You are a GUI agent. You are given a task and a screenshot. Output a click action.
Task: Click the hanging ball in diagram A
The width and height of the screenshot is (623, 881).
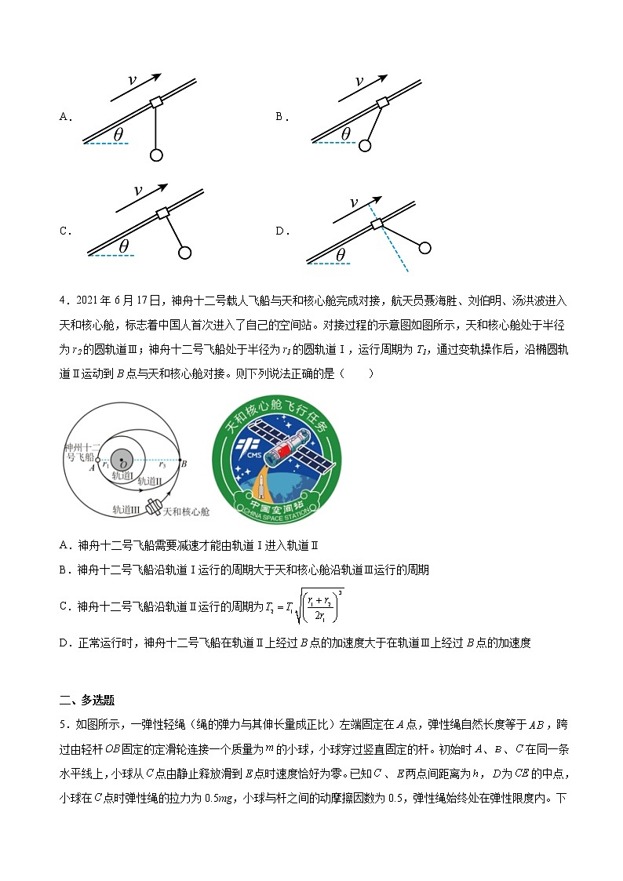pyautogui.click(x=156, y=155)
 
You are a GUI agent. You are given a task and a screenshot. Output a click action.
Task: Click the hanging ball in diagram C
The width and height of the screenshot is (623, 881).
pyautogui.click(x=185, y=253)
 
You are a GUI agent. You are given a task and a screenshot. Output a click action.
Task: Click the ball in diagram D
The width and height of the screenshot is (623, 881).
pyautogui.click(x=424, y=248)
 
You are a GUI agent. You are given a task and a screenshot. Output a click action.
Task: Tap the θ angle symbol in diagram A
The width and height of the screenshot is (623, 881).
pyautogui.click(x=118, y=134)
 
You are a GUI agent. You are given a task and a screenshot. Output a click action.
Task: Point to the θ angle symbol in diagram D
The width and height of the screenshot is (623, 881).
pyautogui.click(x=340, y=254)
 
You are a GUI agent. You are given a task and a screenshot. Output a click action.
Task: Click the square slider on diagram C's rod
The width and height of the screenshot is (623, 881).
pyautogui.click(x=162, y=214)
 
